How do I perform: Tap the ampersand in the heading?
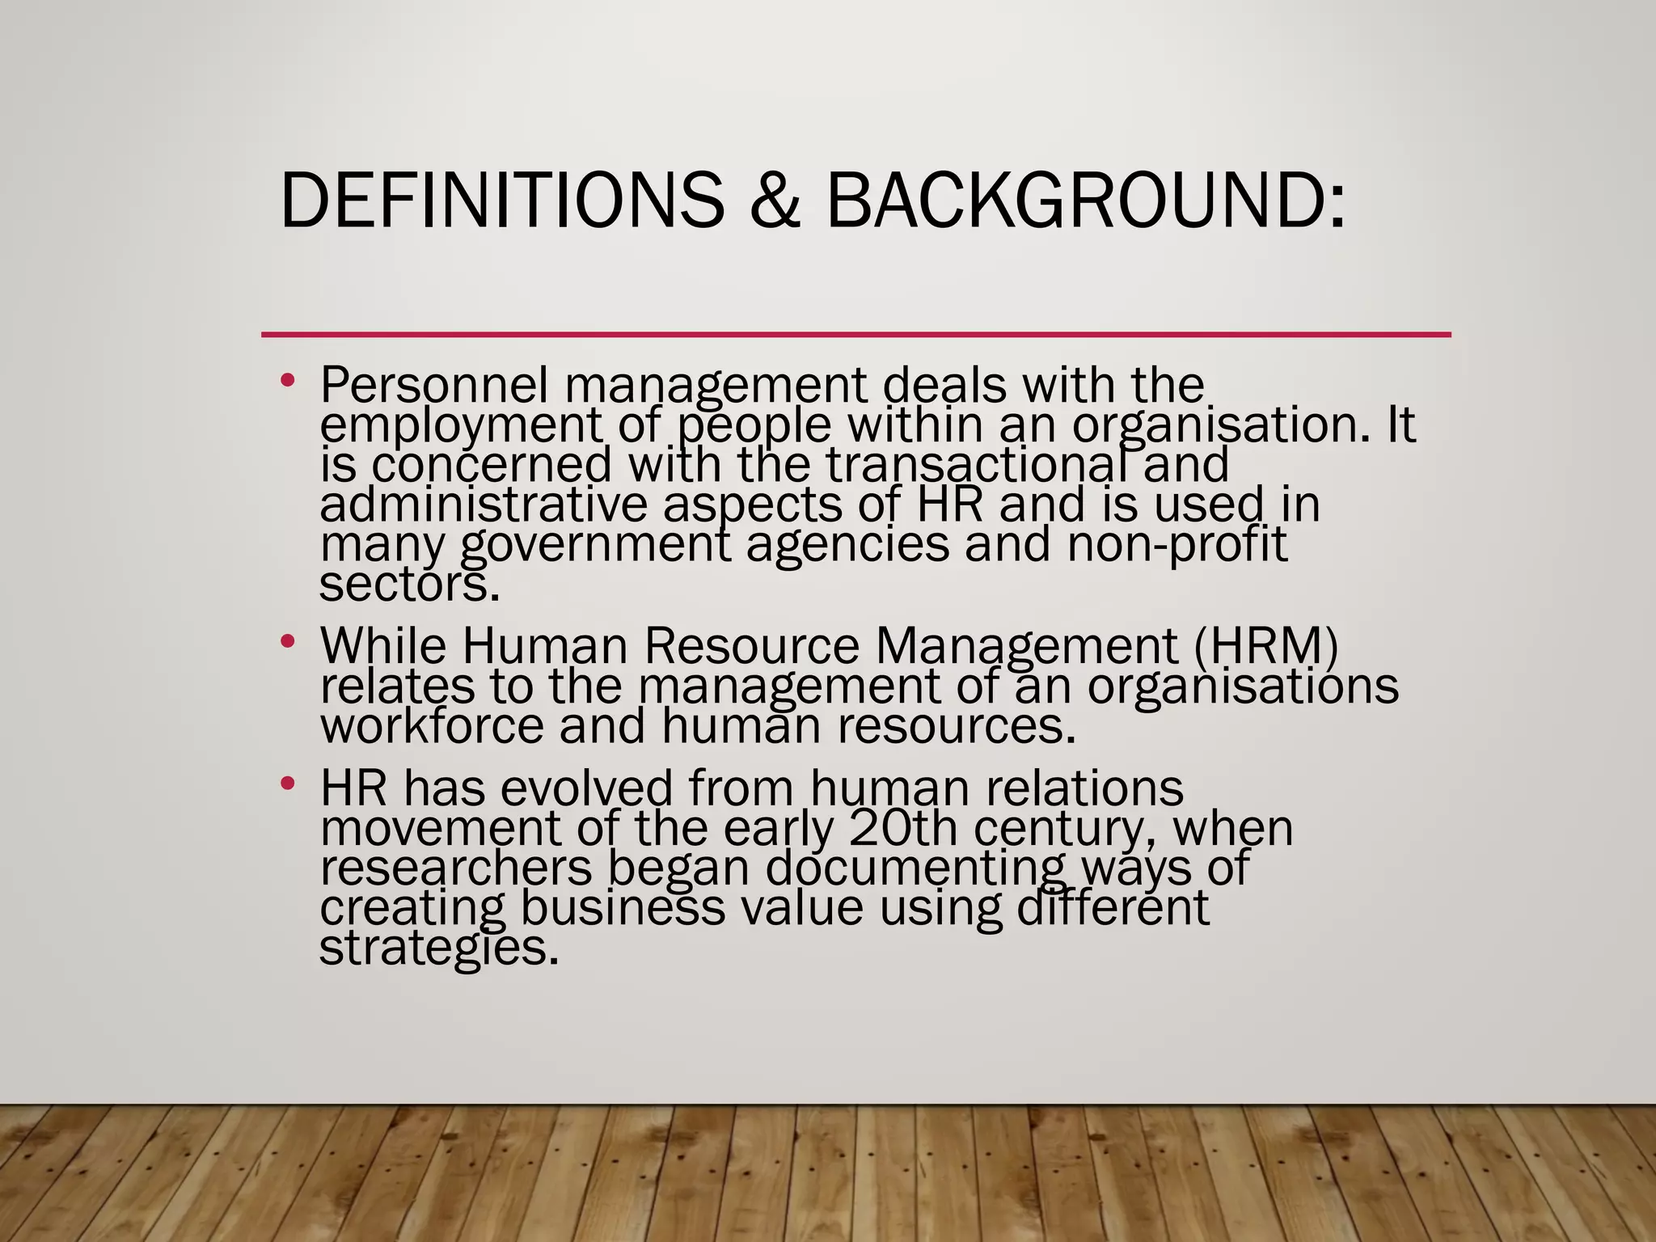(x=774, y=200)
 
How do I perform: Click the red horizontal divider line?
(x=855, y=334)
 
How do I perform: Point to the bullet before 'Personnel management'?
(x=287, y=380)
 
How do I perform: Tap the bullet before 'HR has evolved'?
(x=287, y=784)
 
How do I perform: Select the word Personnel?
(x=434, y=385)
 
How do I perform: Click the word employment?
(x=462, y=426)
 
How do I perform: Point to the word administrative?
(x=484, y=505)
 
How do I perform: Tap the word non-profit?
(x=1177, y=544)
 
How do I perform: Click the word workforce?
(x=433, y=725)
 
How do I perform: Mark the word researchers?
(x=456, y=868)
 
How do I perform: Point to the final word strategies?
(x=439, y=948)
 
